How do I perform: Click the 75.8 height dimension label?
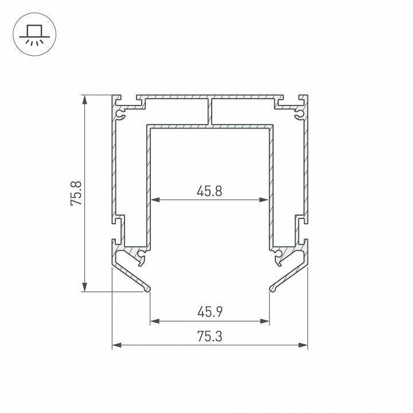(76, 193)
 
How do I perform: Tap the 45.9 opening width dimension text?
(209, 313)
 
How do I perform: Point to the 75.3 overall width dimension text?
(209, 337)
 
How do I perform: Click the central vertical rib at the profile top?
(210, 111)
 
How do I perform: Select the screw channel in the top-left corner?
(120, 115)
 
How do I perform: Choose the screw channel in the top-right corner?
(299, 115)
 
